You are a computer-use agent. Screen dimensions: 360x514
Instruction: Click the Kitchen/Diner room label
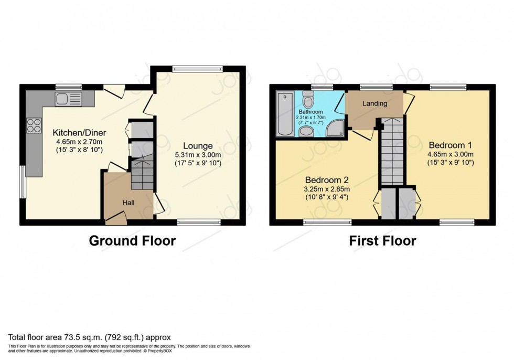[x=79, y=133]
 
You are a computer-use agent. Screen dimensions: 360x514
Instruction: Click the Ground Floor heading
[x=132, y=241]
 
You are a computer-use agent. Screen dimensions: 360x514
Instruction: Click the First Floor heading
[x=383, y=241]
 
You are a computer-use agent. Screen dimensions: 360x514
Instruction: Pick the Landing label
[x=375, y=103]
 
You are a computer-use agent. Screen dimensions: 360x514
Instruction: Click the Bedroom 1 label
[x=451, y=145]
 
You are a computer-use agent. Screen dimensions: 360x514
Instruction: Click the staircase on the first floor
[x=393, y=152]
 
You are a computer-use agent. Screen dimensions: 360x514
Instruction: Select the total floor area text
[x=89, y=337]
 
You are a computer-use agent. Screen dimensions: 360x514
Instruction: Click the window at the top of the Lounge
[x=198, y=68]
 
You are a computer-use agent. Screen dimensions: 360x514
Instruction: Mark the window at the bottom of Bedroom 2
[x=327, y=223]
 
